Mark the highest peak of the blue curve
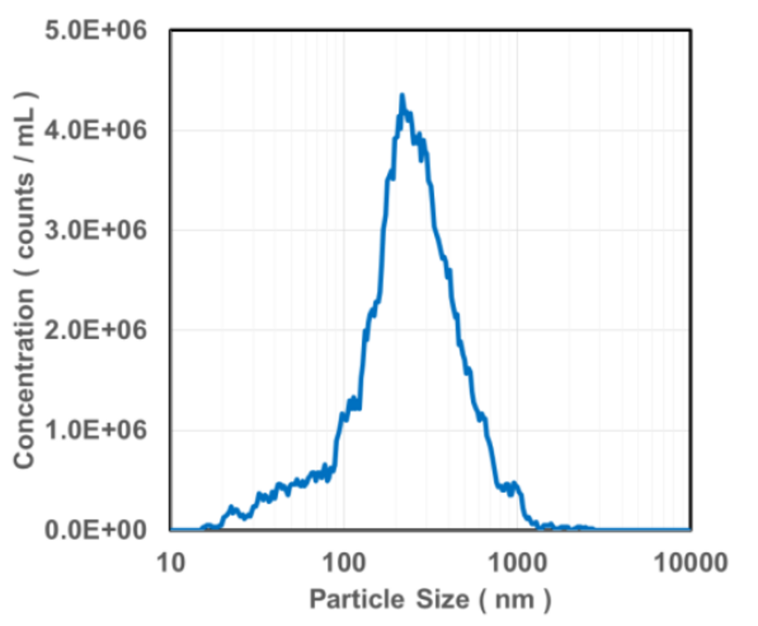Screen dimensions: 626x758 (402, 96)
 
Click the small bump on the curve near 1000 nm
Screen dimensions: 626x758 (515, 485)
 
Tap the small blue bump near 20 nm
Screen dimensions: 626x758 (231, 507)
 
